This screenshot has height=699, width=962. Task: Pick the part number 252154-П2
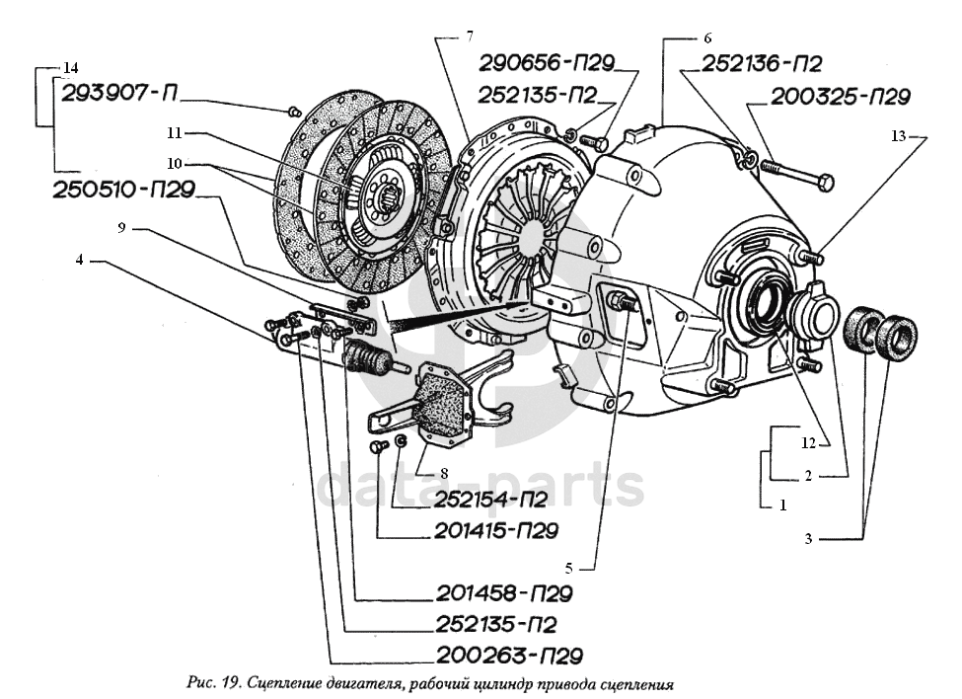point(481,499)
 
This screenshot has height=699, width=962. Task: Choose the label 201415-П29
point(495,530)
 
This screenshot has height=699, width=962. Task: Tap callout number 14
point(70,68)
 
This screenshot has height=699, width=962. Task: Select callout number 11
point(175,131)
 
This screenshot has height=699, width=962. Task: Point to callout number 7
point(470,37)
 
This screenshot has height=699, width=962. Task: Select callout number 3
point(807,538)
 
